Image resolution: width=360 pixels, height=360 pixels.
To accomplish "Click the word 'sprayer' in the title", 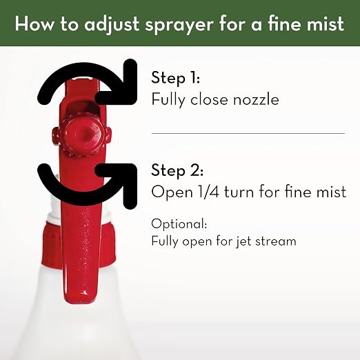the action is pos(179,25).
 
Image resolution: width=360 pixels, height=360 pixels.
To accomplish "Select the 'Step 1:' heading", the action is pos(175,78).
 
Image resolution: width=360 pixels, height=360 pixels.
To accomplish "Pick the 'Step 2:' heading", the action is pos(177,170).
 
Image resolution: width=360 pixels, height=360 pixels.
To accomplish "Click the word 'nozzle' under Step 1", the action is pos(256,99).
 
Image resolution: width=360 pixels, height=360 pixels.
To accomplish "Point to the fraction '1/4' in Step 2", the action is pos(208,191).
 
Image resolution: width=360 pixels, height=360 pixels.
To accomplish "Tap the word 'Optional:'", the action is pos(179,224).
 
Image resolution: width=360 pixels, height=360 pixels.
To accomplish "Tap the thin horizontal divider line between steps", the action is pos(248,133).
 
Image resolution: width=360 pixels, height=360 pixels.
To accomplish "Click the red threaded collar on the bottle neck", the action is pos(78,244).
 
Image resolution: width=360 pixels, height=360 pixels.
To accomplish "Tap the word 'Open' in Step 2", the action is pos(172,192).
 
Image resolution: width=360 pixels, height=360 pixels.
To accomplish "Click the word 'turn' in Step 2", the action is pos(239,192).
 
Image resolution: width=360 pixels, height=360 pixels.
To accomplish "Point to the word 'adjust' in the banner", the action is pos(112,25).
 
